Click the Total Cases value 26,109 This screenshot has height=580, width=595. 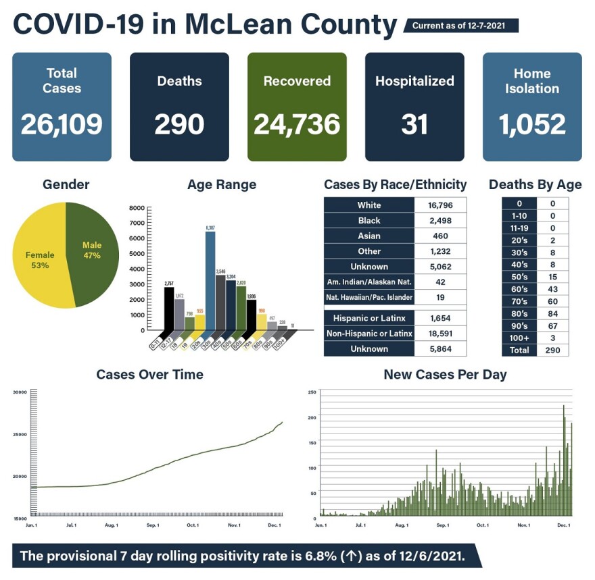coord(62,124)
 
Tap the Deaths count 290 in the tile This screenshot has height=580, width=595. coord(179,124)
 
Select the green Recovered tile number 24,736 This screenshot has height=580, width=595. coord(297,124)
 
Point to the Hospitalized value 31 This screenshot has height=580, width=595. coord(414,124)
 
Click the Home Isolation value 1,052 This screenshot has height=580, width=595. coord(532,124)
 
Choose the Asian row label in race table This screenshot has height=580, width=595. coord(369,236)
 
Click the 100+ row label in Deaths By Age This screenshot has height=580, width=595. coord(519,338)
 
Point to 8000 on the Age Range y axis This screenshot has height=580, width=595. coord(137,208)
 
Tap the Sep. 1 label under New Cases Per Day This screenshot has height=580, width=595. coord(443,525)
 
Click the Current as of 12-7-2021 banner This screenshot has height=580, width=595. coord(460,26)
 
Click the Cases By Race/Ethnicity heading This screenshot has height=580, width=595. coord(395,184)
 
